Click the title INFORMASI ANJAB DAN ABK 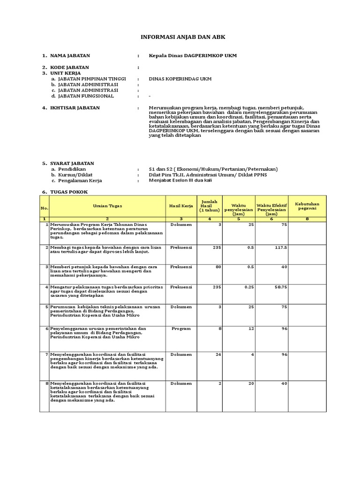(180, 37)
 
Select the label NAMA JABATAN (70, 56)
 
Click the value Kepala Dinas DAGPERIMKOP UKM (193, 56)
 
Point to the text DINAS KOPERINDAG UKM (180, 79)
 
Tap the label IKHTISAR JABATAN (75, 108)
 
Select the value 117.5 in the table (281, 247)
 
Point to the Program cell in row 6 (181, 329)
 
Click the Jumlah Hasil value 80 (218, 267)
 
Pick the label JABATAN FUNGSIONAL (86, 96)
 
